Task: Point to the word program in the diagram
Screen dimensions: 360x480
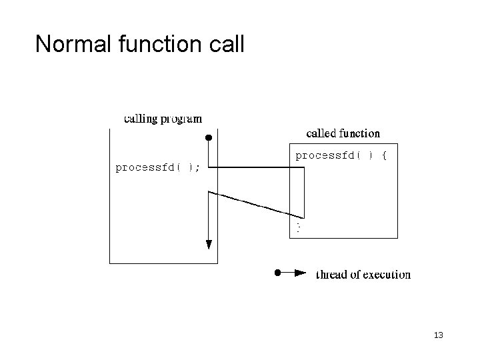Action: click(x=181, y=120)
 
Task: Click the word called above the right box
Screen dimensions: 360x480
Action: click(x=321, y=133)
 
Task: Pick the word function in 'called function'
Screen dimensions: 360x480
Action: click(x=359, y=133)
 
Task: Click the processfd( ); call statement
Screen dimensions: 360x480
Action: click(x=157, y=167)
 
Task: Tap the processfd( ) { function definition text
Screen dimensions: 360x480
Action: click(x=336, y=155)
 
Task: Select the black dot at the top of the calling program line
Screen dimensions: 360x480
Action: click(x=208, y=138)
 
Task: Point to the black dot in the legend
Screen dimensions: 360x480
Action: click(x=278, y=273)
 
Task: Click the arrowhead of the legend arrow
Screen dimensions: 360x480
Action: click(x=301, y=273)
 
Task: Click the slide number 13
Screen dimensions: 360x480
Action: click(x=438, y=334)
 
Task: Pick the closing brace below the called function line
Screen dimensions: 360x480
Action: click(x=299, y=228)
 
